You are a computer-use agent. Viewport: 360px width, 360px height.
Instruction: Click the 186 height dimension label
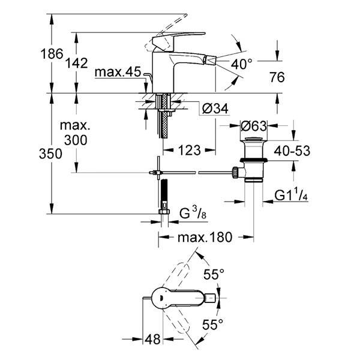coord(52,54)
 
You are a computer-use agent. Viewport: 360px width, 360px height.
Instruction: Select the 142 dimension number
coord(77,63)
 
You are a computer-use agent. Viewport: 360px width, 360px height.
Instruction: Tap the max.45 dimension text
coord(118,72)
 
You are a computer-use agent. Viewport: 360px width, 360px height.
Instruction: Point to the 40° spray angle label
coord(241,64)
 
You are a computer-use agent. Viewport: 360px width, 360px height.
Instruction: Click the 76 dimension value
coord(277,77)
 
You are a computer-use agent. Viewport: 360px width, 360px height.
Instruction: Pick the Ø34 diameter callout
coord(215,109)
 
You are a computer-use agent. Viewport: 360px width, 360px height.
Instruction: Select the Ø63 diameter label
coord(254,126)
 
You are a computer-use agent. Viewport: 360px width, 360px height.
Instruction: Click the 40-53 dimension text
coord(292,151)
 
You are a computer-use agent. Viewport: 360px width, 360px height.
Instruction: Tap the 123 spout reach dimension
coord(190,151)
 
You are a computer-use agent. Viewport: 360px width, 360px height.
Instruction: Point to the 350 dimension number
coord(50,154)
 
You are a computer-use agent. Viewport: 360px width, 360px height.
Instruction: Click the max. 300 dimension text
coord(76,133)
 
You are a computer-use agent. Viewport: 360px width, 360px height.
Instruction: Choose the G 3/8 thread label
coord(193,213)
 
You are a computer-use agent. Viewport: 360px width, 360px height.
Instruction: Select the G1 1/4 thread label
coord(291,196)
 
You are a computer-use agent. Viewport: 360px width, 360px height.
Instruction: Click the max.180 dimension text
coord(205,237)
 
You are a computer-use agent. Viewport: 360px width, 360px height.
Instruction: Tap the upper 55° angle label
coord(214,274)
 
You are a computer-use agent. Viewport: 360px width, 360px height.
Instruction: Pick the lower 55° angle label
coord(212,325)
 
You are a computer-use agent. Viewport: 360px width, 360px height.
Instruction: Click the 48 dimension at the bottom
coord(152,339)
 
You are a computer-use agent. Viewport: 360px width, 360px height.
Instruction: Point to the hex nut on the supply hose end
coord(164,211)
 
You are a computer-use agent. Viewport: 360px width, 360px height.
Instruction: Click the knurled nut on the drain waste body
coord(235,173)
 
